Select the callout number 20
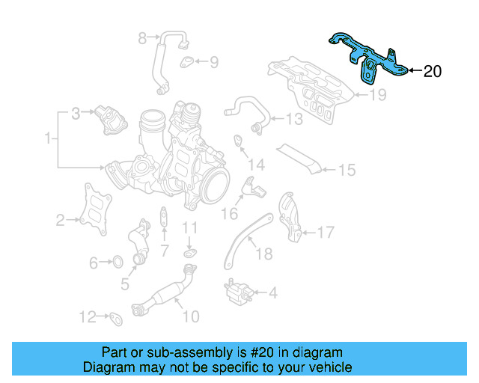click(433, 72)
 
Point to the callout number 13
click(294, 119)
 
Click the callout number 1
click(48, 138)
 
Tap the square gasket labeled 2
click(93, 210)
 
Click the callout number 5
click(125, 285)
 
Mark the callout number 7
click(165, 250)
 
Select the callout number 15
click(346, 171)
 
